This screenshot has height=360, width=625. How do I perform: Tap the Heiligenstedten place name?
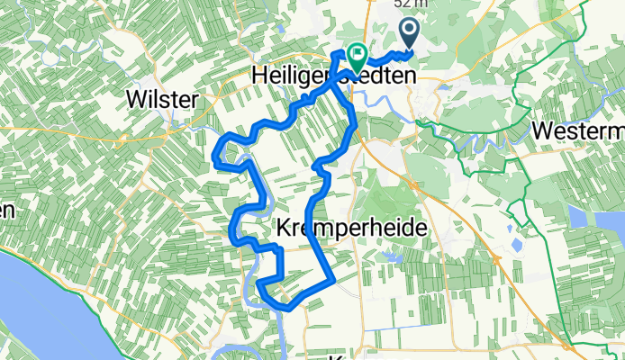pyautogui.click(x=332, y=78)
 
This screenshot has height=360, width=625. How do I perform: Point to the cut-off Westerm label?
pyautogui.click(x=577, y=130)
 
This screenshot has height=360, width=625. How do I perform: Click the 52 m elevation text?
pyautogui.click(x=411, y=4)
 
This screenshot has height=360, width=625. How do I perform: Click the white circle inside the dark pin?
pyautogui.click(x=409, y=31)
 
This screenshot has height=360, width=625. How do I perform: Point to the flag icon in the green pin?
pyautogui.click(x=357, y=56)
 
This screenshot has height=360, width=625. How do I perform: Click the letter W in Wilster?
pyautogui.click(x=139, y=99)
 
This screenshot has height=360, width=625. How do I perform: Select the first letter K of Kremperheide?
pyautogui.click(x=285, y=229)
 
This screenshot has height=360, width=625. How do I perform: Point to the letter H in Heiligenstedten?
pyautogui.click(x=254, y=78)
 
